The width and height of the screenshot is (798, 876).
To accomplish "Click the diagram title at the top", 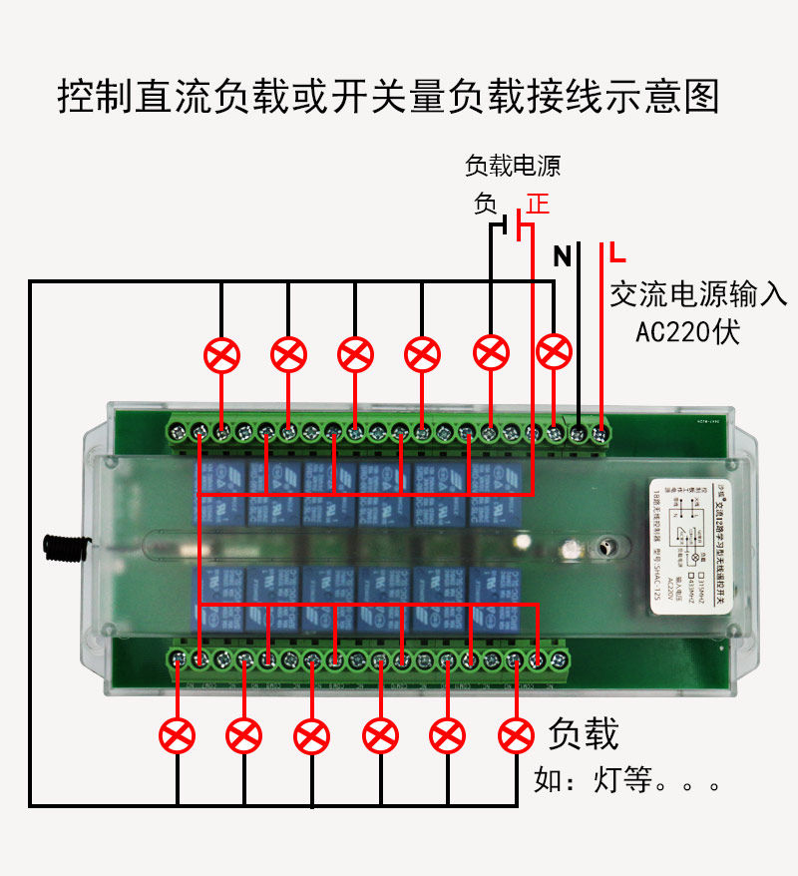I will pyautogui.click(x=389, y=97).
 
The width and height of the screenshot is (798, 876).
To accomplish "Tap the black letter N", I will pyautogui.click(x=563, y=257).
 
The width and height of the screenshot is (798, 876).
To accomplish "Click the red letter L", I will pyautogui.click(x=618, y=250).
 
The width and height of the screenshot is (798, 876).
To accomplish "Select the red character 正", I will pyautogui.click(x=539, y=205).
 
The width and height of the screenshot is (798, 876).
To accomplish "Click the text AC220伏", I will pyautogui.click(x=688, y=331).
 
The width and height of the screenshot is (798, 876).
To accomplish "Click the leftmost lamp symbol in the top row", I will pyautogui.click(x=221, y=354).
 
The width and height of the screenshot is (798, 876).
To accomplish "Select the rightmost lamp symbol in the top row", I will pyautogui.click(x=555, y=350).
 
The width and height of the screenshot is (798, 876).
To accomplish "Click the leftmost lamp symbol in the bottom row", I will pyautogui.click(x=178, y=736).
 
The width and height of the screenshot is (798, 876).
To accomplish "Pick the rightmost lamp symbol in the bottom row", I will pyautogui.click(x=516, y=736).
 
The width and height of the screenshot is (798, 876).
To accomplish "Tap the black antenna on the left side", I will pyautogui.click(x=60, y=545).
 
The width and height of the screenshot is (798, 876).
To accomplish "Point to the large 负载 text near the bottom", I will pyautogui.click(x=584, y=734).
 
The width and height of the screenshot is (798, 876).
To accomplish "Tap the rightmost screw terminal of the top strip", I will pyautogui.click(x=600, y=433).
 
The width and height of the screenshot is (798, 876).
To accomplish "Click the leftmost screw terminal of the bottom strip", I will pyautogui.click(x=178, y=658).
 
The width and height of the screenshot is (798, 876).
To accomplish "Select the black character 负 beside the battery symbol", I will pyautogui.click(x=486, y=205).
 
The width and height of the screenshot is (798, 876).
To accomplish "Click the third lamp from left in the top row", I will pyautogui.click(x=355, y=354).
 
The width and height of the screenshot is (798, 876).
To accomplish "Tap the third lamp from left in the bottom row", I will pyautogui.click(x=312, y=736).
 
